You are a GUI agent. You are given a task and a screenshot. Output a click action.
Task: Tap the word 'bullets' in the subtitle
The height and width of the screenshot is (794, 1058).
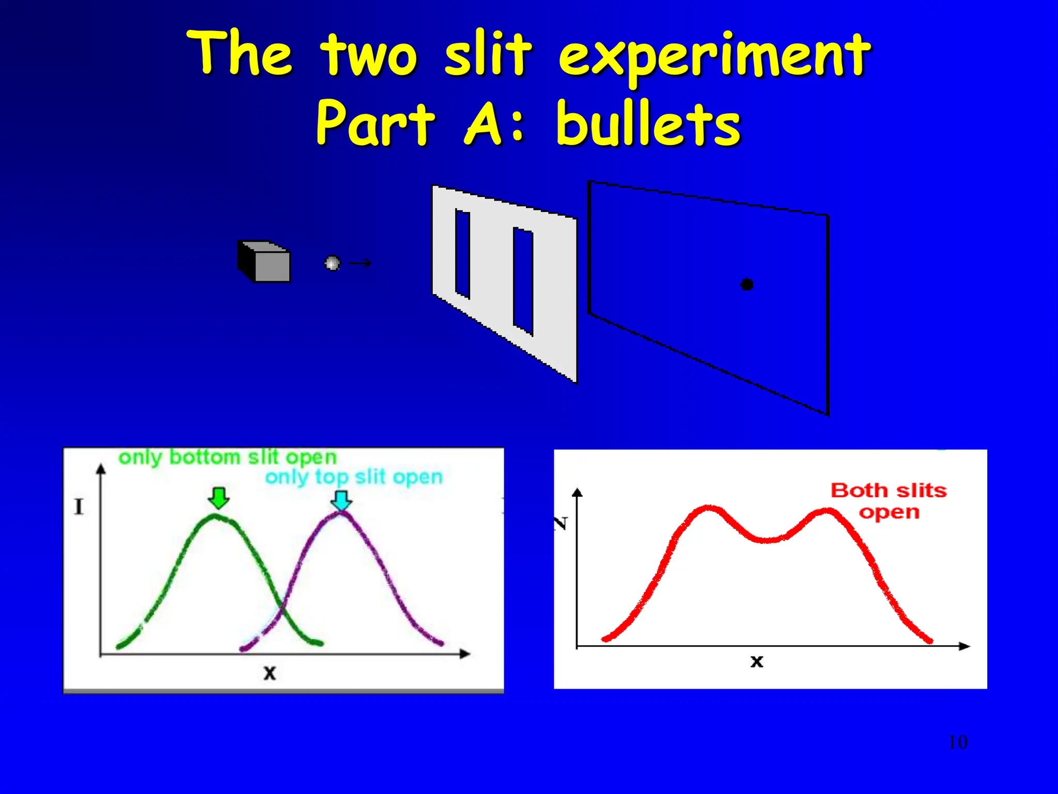(x=648, y=124)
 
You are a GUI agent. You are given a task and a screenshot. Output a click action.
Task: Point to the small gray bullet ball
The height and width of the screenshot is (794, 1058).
(x=332, y=263)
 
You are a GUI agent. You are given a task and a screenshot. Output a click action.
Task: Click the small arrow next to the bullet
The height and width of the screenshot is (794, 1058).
(x=360, y=264)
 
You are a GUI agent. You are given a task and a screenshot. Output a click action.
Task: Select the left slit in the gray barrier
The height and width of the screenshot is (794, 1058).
(x=462, y=254)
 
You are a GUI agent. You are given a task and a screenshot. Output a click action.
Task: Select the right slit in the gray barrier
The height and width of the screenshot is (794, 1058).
(x=523, y=282)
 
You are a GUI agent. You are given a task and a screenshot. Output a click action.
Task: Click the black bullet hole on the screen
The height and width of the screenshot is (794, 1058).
(x=746, y=284)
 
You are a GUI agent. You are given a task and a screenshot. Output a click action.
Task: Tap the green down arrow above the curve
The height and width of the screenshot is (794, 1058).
(x=219, y=497)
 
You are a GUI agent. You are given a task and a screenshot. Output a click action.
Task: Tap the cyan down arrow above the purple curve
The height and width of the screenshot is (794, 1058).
(x=341, y=500)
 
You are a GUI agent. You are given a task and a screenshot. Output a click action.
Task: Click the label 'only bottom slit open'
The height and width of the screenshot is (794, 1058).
(x=227, y=457)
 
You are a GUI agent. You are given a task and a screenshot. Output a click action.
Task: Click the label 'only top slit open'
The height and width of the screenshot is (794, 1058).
(x=354, y=477)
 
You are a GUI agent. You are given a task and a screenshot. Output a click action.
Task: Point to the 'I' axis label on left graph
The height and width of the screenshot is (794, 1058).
(x=79, y=507)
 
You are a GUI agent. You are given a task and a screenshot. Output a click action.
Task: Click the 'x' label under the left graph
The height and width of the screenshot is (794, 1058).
(x=270, y=673)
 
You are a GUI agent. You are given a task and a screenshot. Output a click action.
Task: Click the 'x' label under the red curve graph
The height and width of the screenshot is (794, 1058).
(x=756, y=661)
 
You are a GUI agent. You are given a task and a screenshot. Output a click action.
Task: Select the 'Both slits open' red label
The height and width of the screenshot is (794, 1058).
(x=889, y=500)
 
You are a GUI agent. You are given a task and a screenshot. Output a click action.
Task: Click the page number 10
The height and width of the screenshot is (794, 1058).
(x=957, y=742)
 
